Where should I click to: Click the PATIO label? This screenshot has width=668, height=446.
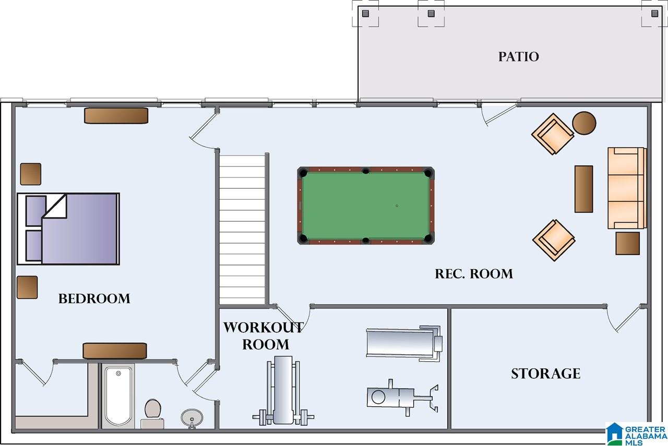pos(519,57)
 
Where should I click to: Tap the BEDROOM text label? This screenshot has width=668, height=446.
pos(94,299)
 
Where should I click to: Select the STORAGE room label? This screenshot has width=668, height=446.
pos(546,373)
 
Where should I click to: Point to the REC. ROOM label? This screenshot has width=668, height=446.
pos(474,274)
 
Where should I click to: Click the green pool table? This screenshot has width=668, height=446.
pos(366,206)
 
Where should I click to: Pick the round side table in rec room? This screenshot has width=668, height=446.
pos(584,123)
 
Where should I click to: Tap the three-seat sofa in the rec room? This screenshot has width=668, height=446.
pos(627,188)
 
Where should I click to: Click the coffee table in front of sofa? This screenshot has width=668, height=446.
pos(583,189)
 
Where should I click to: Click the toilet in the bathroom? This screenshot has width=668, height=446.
pos(152,414)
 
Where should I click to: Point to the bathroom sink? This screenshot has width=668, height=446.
pos(192,418)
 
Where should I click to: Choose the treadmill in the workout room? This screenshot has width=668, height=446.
pos(404,343)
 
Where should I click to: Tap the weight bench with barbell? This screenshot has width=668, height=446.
pos(283,390)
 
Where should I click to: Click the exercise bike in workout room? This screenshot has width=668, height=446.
pos(402,397)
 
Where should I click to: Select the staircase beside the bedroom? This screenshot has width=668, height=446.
pos(242,230)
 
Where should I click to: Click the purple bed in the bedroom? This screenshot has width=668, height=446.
pos(68,228)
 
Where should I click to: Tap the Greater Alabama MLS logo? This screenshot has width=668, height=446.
pos(636,434)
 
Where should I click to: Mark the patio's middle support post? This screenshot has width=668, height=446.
pos(431,14)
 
